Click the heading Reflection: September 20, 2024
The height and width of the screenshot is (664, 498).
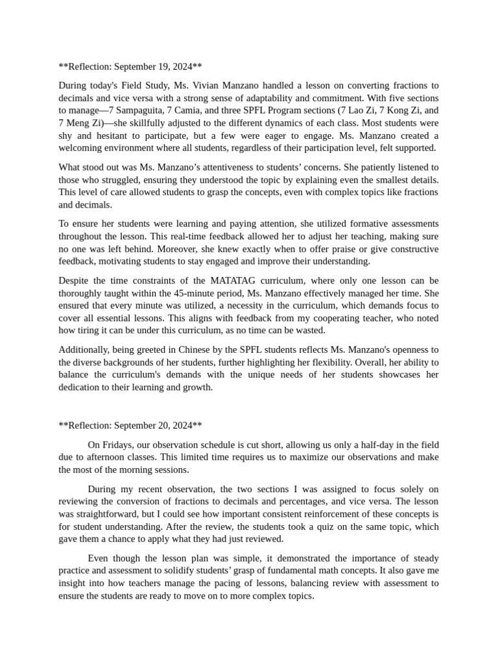[x=130, y=425]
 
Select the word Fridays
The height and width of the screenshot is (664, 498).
[x=118, y=445]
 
